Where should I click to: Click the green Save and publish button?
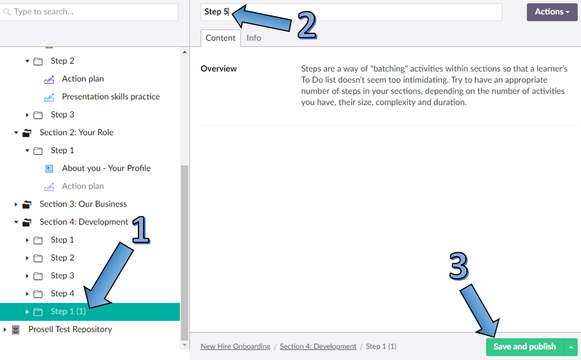(x=524, y=347)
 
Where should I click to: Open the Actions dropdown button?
(x=552, y=12)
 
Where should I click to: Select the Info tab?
(x=254, y=38)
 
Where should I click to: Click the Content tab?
(x=220, y=38)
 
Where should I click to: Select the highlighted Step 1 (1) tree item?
(x=68, y=312)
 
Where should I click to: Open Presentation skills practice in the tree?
(x=111, y=97)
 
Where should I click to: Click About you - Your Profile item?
(x=106, y=168)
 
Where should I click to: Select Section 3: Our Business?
(x=83, y=204)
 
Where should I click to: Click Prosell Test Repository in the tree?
(x=70, y=329)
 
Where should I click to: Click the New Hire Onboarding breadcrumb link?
(x=235, y=347)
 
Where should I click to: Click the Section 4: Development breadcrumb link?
(x=318, y=347)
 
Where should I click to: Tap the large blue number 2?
(x=307, y=25)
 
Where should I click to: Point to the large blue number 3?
(x=459, y=266)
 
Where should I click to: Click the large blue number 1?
(x=141, y=230)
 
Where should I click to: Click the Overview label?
(x=219, y=69)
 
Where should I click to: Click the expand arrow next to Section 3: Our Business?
(x=16, y=204)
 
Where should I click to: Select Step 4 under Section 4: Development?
(x=62, y=294)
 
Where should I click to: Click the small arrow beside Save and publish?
(x=571, y=347)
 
